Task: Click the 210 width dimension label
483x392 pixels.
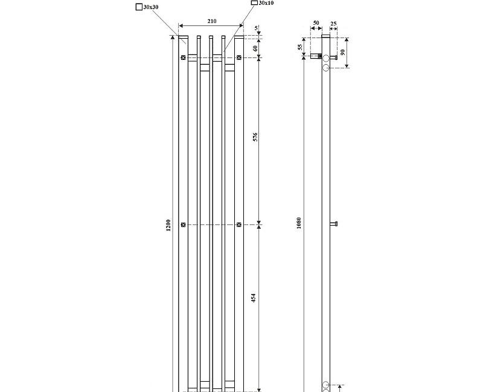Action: [x=212, y=22]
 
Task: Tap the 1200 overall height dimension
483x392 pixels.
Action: [x=168, y=224]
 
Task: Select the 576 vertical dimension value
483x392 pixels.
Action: [x=255, y=137]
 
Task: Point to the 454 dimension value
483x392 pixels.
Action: [x=255, y=298]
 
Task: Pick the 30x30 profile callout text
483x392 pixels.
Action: [x=152, y=7]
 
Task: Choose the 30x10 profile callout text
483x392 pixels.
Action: [x=266, y=3]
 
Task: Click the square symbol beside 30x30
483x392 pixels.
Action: [x=139, y=7]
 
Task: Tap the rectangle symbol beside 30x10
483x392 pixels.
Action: [x=254, y=3]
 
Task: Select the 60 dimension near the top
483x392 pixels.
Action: [x=255, y=48]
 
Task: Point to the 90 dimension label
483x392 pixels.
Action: [x=344, y=53]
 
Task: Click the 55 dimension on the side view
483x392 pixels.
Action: [x=299, y=47]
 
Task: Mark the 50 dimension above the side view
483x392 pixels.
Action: [x=316, y=23]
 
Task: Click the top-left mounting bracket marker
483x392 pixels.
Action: [x=182, y=57]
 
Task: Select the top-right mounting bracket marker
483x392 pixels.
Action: [x=239, y=57]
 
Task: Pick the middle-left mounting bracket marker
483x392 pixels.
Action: [x=182, y=224]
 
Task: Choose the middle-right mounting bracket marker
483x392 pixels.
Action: [x=239, y=224]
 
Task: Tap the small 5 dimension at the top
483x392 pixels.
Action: [x=256, y=28]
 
